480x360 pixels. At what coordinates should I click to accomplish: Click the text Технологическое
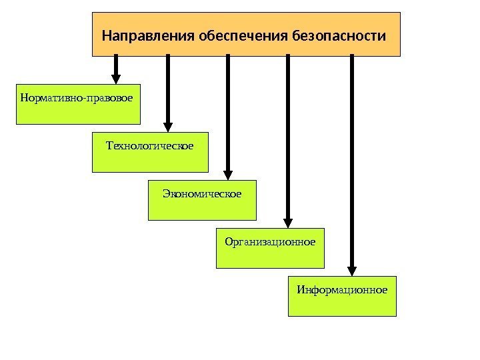150,145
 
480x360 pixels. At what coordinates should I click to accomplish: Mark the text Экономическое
201,193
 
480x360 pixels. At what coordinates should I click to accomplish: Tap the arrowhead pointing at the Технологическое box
168,125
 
